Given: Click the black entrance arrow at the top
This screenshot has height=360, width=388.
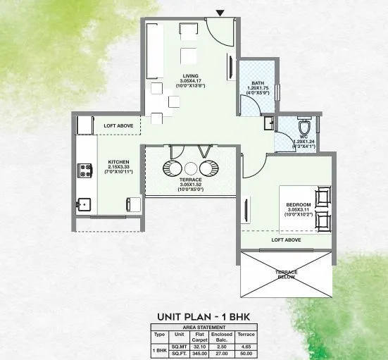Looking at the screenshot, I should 220,13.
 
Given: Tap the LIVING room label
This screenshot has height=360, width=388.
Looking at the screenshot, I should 188,76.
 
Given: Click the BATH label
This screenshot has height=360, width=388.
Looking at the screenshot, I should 257,85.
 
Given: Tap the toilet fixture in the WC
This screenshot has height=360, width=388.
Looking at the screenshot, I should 303,128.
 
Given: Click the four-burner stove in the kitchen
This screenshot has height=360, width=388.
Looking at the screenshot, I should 86,170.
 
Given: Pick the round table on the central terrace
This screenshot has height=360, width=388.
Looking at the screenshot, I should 190,168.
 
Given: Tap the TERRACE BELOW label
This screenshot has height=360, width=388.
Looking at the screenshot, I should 286,275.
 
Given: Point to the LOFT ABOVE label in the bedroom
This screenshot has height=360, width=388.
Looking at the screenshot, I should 286,240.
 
